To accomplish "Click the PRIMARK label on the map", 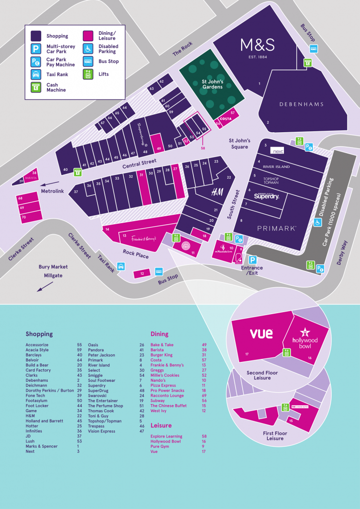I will [x=276, y=228].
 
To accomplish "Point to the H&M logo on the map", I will [x=217, y=192].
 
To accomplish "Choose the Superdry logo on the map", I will [x=267, y=196].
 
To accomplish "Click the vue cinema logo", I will [x=261, y=333].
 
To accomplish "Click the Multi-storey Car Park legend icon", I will [x=36, y=49].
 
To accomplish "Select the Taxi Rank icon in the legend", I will [x=36, y=75].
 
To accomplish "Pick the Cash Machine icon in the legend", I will [x=36, y=87].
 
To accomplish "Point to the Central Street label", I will [x=139, y=162].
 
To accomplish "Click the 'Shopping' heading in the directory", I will [x=39, y=334].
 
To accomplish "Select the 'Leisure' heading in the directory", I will [x=161, y=425].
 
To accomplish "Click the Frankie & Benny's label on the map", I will [x=144, y=239].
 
